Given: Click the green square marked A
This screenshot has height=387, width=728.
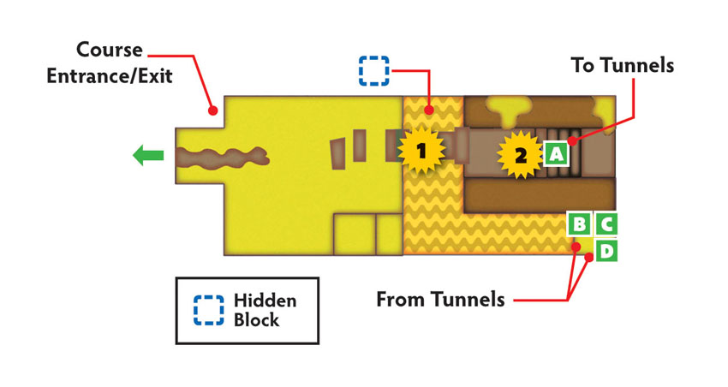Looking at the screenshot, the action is click(556, 152).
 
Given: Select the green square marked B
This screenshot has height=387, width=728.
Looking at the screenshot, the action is click(580, 224).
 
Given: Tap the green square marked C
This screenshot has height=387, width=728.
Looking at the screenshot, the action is click(606, 224).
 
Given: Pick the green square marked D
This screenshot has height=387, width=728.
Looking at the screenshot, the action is click(606, 251).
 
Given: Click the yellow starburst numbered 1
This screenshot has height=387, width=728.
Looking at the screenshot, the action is click(421, 151).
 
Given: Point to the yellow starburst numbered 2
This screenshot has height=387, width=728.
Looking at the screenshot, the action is click(521, 155).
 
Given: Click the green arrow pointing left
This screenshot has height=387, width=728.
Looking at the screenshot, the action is click(148, 155).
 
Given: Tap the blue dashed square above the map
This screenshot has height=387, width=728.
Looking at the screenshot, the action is click(373, 71).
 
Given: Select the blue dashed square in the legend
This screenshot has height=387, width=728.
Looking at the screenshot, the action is click(209, 310).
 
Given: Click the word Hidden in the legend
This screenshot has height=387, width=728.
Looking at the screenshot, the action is click(266, 301).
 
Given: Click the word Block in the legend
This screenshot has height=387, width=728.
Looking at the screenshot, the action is click(256, 319).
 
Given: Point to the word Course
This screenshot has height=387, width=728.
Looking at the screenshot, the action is click(110, 50).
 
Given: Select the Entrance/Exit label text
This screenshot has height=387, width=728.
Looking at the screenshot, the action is click(110, 75).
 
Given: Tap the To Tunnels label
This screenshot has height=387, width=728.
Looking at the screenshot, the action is click(622, 65).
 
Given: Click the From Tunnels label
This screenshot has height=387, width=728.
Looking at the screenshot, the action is click(440, 300).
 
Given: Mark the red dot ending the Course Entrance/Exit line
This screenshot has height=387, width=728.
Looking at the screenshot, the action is click(212, 110).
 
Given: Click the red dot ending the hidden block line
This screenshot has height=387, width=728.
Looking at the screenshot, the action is click(429, 110).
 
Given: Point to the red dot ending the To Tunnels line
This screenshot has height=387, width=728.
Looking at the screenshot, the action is click(574, 140).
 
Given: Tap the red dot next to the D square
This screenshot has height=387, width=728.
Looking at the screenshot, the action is click(588, 257).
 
